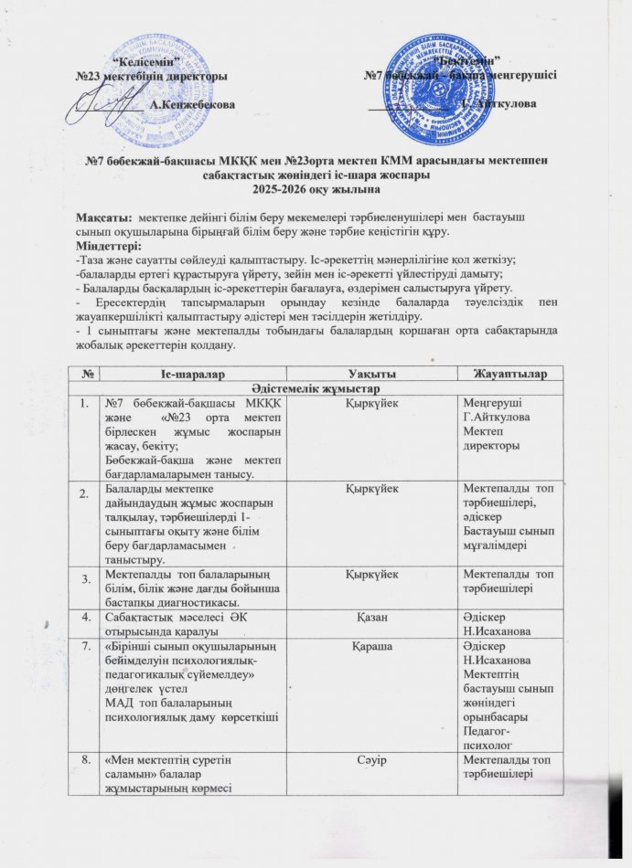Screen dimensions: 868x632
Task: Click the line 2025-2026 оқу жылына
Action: (316, 188)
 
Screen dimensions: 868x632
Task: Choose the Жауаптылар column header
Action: (515, 374)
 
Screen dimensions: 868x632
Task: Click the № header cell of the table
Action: (85, 374)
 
